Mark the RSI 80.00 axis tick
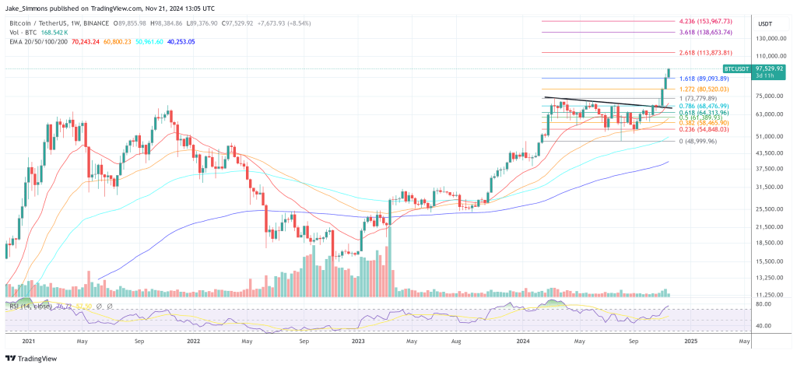[x=764, y=305]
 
